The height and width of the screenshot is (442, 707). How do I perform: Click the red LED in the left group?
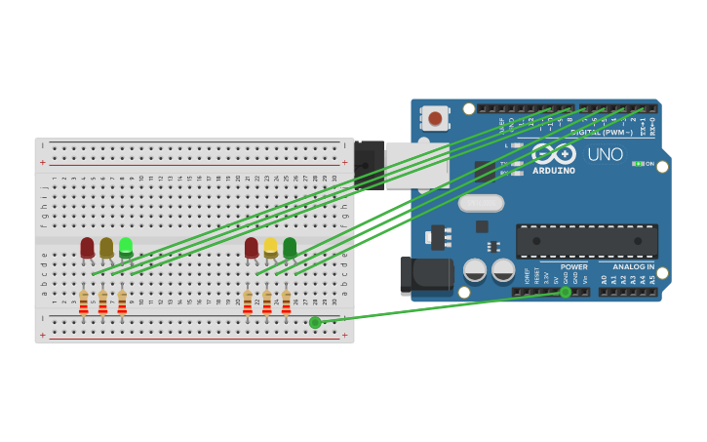(87, 247)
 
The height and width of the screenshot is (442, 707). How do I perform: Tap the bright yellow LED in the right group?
(270, 247)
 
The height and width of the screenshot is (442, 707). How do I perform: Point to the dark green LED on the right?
(290, 247)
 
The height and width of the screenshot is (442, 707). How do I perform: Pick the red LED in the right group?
(252, 247)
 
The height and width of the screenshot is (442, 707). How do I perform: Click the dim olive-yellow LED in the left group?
(106, 247)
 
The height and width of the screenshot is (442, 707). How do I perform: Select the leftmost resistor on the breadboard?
(84, 302)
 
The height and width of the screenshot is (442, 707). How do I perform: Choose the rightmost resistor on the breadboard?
(286, 302)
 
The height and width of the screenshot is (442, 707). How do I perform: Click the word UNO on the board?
(605, 154)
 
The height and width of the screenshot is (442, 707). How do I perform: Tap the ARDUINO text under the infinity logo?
(554, 171)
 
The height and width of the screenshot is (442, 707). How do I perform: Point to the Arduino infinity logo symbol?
(554, 153)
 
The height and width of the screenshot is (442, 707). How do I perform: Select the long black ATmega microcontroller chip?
(586, 241)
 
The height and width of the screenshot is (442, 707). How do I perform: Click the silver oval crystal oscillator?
(481, 203)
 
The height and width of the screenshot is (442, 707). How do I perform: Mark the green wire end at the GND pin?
(566, 292)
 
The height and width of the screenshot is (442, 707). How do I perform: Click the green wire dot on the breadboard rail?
(315, 322)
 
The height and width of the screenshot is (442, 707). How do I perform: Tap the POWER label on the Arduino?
(574, 266)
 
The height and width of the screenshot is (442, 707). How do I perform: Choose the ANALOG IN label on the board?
(633, 266)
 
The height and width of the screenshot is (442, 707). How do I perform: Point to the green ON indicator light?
(637, 164)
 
